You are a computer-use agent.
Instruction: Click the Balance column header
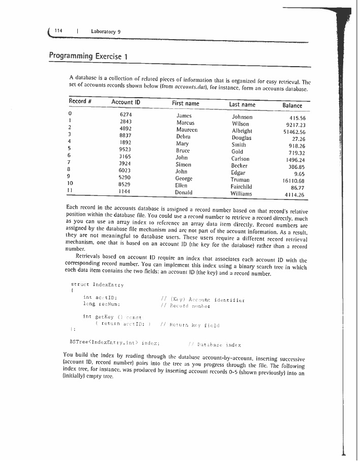(x=292, y=105)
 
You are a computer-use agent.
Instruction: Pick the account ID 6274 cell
(x=126, y=115)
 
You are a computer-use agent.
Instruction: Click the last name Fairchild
(x=243, y=187)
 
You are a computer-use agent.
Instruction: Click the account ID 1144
(x=125, y=192)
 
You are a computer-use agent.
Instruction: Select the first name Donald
(x=184, y=193)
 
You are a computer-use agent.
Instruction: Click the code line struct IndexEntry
(x=96, y=284)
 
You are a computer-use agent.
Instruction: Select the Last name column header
(x=242, y=104)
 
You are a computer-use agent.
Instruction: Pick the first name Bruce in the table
(x=183, y=151)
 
